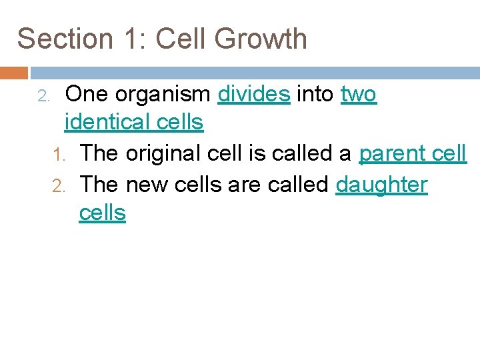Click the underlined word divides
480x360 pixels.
tap(254, 95)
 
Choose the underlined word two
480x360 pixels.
tap(359, 95)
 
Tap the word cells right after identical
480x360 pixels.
tap(178, 122)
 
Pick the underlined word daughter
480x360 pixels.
tap(381, 185)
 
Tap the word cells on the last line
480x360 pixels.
tap(102, 213)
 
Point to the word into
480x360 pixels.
tap(315, 95)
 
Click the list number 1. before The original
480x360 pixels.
tap(58, 155)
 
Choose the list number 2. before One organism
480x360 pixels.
tap(43, 96)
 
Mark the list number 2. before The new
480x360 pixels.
tap(58, 185)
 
